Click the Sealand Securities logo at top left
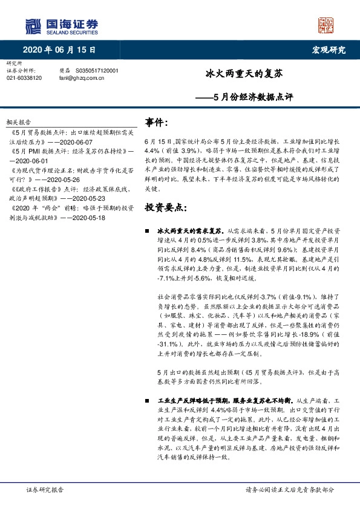[61, 26]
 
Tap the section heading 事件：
[156, 123]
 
